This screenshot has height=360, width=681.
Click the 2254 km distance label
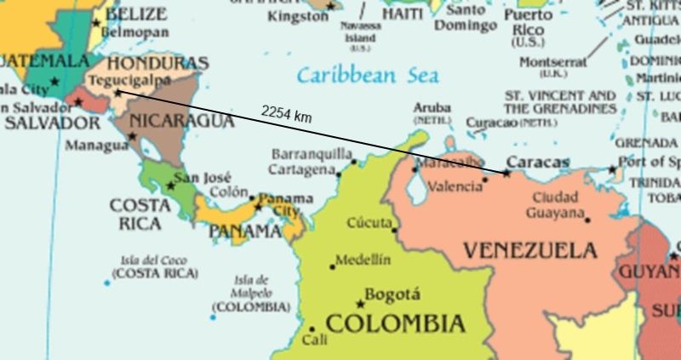tap(286, 113)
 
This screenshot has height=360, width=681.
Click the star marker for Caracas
tap(506, 173)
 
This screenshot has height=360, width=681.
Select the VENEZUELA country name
tap(529, 250)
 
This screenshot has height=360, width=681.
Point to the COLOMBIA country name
tap(396, 323)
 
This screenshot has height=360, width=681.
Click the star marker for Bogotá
tap(360, 303)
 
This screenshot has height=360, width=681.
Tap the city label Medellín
tap(363, 260)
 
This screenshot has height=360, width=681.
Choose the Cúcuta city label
tap(369, 222)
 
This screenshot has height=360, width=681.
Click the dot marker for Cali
tap(312, 328)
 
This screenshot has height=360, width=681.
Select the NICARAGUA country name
tap(182, 121)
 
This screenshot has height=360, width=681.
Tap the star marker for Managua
tap(133, 136)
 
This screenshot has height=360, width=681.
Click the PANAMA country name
tap(245, 231)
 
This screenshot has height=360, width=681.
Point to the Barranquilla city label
tap(312, 154)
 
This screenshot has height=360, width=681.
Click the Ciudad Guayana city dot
tap(587, 220)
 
